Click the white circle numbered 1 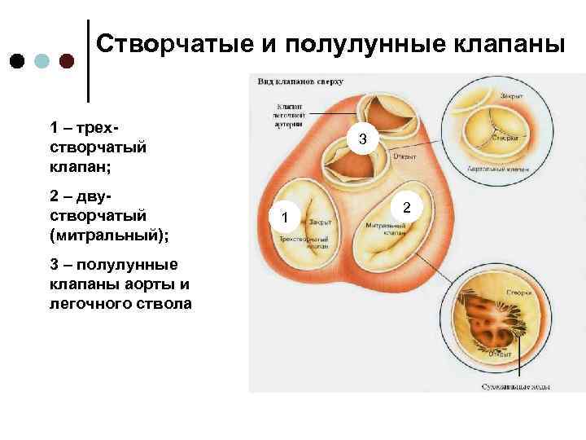pos(284,218)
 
